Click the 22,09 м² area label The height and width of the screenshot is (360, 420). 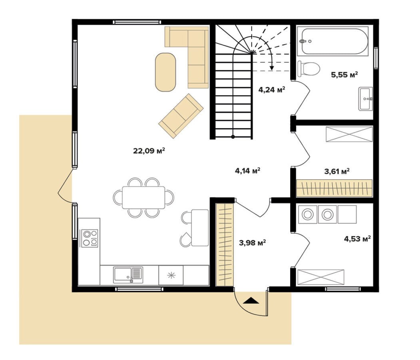click(x=149, y=151)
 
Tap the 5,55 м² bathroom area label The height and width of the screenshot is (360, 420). click(x=344, y=75)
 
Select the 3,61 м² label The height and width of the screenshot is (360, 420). click(x=337, y=171)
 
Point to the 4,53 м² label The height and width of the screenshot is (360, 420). click(x=357, y=238)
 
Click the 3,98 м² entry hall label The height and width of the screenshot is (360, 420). click(x=252, y=243)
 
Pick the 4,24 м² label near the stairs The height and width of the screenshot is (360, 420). click(x=271, y=90)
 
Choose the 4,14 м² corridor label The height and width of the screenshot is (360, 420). click(x=247, y=170)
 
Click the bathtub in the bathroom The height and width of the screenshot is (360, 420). click(x=334, y=42)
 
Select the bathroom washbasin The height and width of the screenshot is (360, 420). click(x=365, y=99)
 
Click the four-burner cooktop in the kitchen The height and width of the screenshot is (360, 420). click(x=90, y=238)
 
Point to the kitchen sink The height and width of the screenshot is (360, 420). click(x=128, y=275)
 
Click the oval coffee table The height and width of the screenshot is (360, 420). click(x=165, y=72)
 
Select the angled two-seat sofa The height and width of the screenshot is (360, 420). click(x=181, y=116)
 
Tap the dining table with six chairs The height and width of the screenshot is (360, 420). click(x=143, y=198)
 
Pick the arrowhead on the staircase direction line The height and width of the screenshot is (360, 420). click(x=272, y=68)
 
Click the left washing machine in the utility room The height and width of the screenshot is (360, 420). click(x=308, y=214)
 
